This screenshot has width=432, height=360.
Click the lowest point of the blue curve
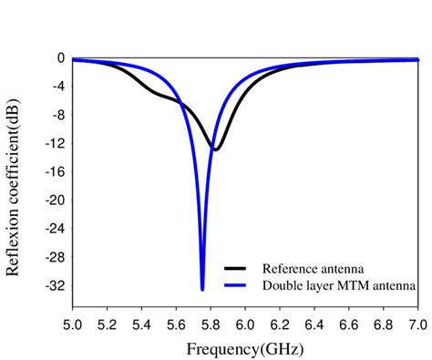coord(202,289)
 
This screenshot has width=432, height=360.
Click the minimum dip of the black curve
coord(214,149)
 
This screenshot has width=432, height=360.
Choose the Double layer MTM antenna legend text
coord(339,285)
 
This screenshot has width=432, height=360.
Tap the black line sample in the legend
coord(236,269)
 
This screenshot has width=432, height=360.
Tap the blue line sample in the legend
coord(236,285)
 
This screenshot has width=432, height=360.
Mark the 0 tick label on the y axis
coord(60,58)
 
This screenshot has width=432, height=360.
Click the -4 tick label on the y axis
coord(56,87)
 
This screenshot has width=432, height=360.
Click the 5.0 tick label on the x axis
coord(73,325)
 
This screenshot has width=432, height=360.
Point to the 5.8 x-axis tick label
coord(211,325)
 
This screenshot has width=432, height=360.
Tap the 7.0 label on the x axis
coord(417,325)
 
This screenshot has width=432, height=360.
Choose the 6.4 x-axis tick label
coord(314,325)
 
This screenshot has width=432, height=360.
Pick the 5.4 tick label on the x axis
coord(141,325)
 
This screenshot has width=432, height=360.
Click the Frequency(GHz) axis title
coord(244,348)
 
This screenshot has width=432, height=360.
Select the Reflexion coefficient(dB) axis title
coord(14,174)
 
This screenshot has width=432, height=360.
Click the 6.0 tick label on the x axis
coord(245,325)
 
